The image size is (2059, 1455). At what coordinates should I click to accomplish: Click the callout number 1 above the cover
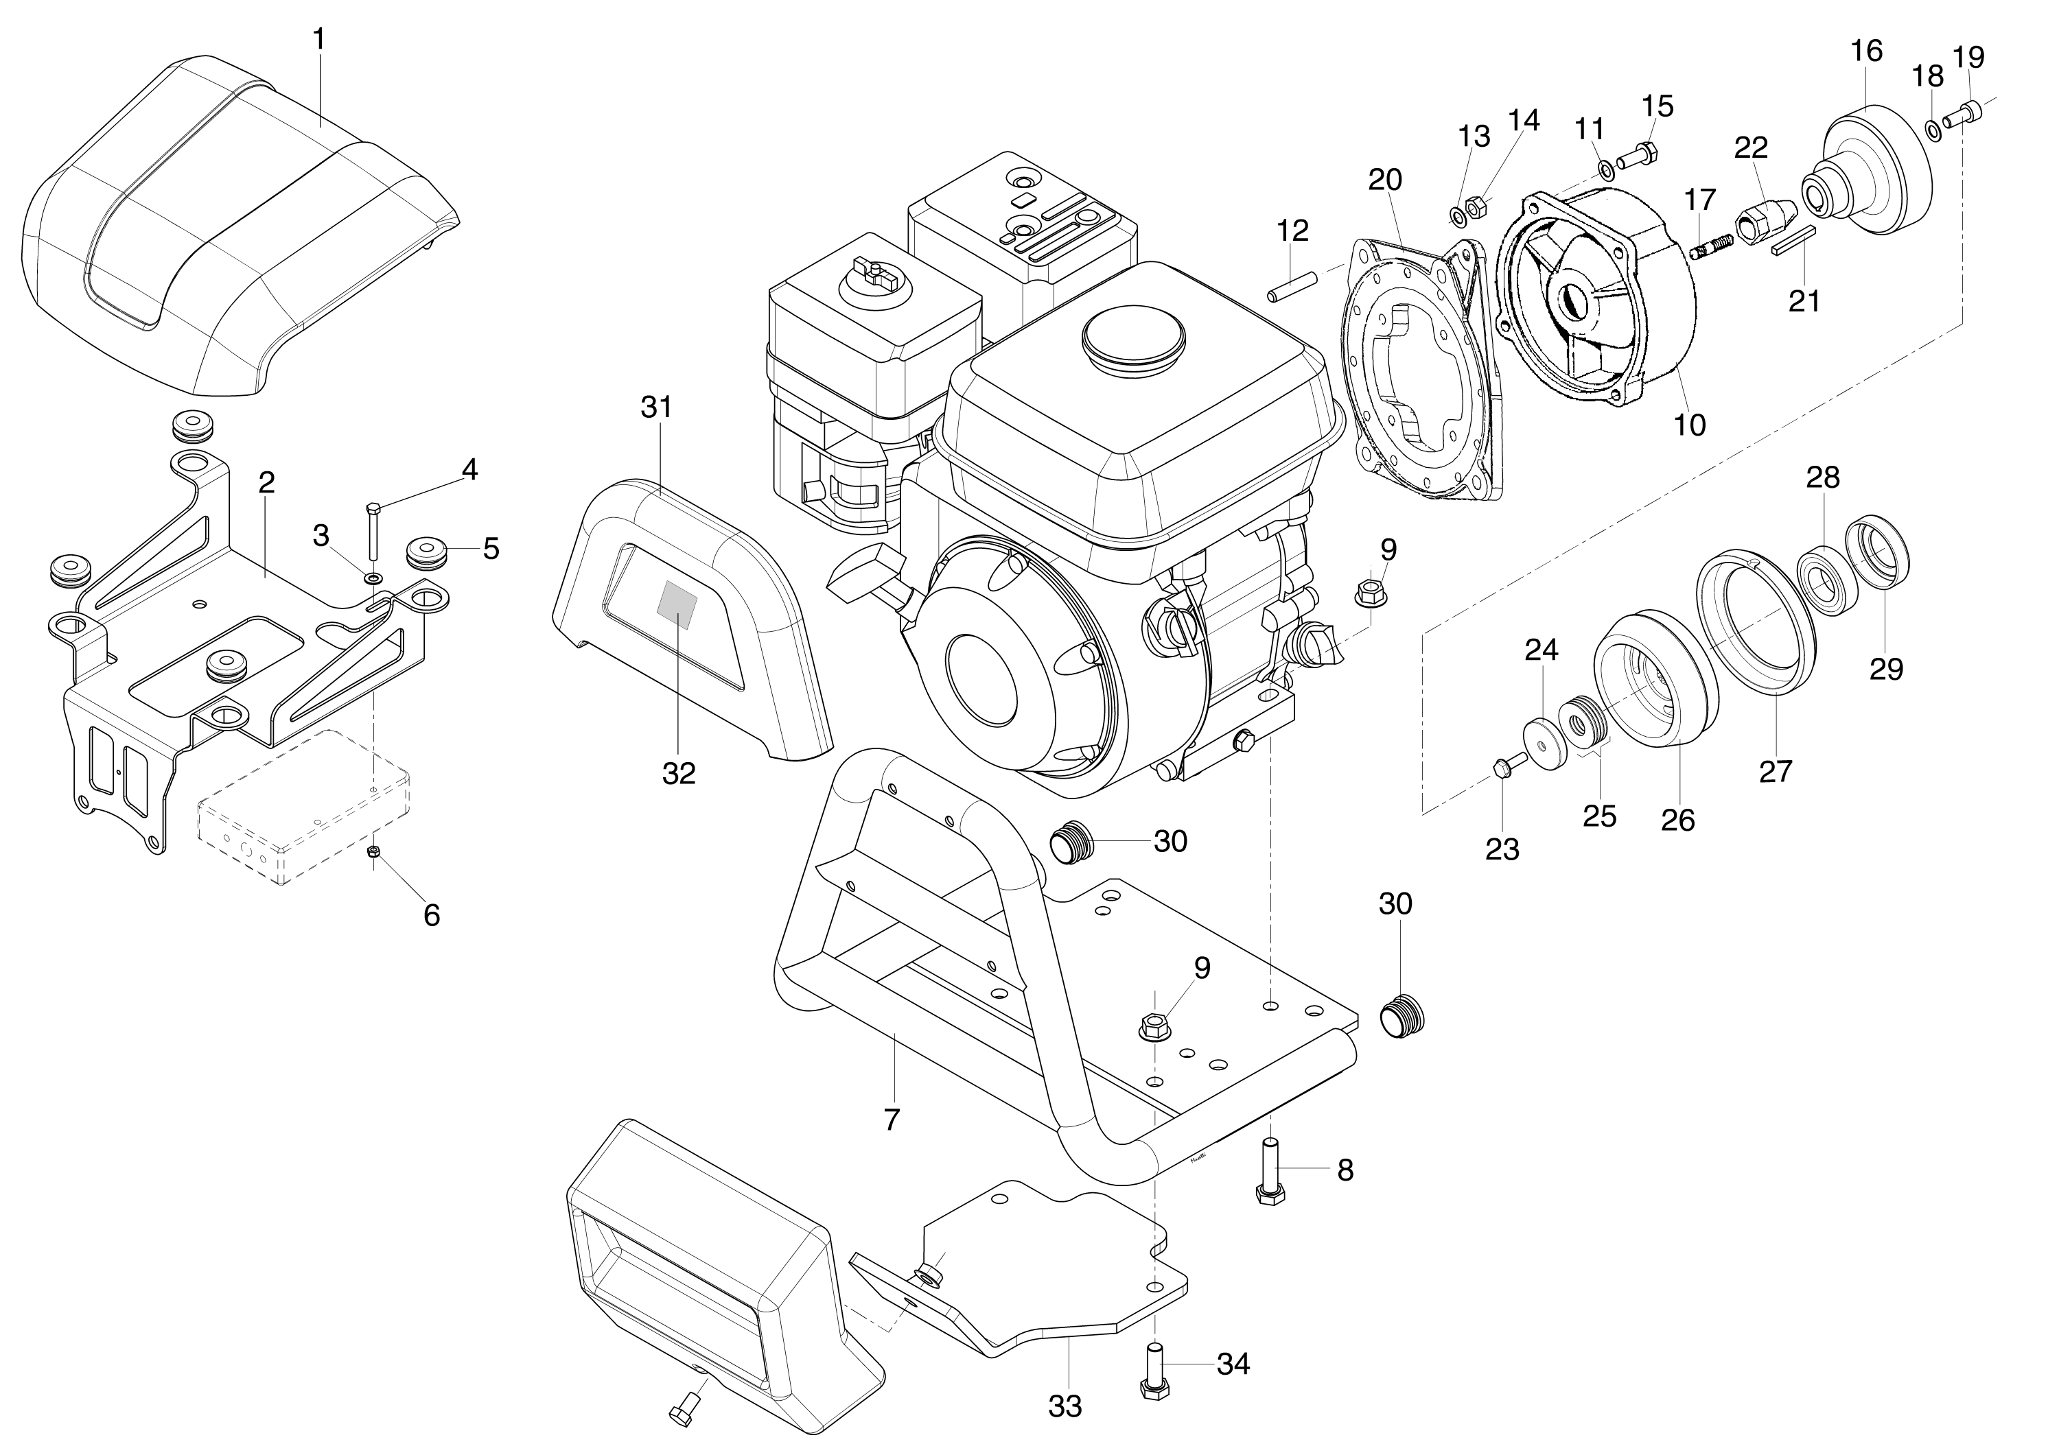(x=319, y=40)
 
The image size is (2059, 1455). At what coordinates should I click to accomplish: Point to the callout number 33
(x=1065, y=1406)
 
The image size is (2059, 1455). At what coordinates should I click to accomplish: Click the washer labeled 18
(x=1933, y=132)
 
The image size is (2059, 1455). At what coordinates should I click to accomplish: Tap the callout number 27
(x=1775, y=770)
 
